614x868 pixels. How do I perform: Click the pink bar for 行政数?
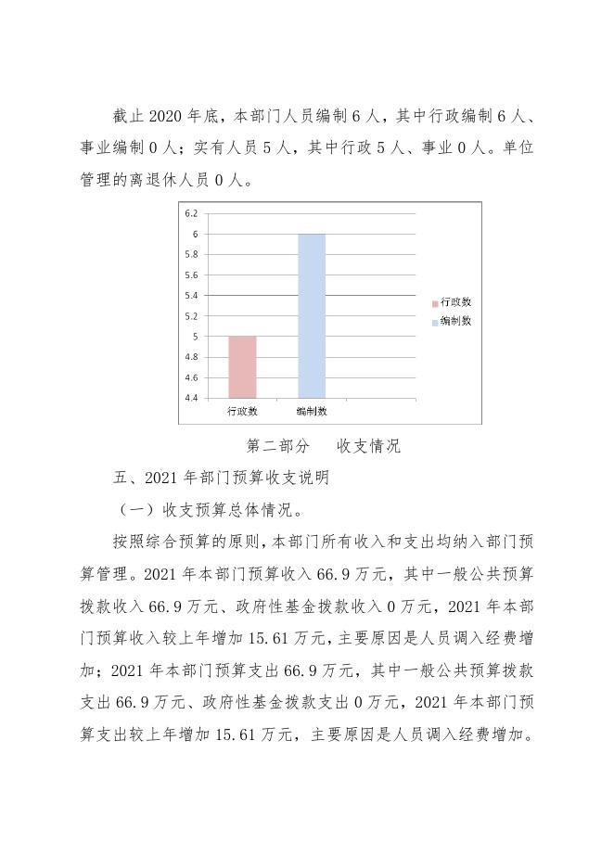coord(242,367)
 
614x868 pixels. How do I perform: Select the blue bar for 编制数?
coord(312,315)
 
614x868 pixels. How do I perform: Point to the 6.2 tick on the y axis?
coord(191,213)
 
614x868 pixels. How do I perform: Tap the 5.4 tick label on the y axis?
coord(191,296)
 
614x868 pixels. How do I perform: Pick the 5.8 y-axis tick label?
coord(191,255)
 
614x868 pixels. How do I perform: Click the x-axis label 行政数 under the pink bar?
coord(242,411)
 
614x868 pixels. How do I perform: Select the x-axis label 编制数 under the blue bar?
coord(312,411)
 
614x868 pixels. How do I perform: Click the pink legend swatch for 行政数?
coord(434,303)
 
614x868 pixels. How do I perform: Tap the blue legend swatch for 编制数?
coord(434,322)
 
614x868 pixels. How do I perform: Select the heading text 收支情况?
coord(369,446)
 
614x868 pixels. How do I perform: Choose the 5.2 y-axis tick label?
coord(191,316)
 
